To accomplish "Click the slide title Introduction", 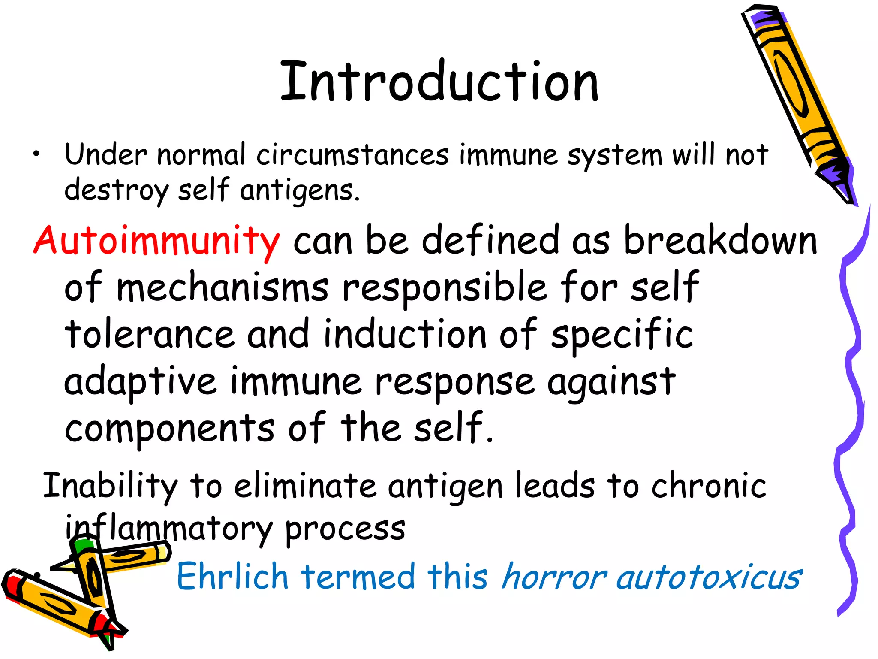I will point(439,82).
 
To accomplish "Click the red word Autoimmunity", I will point(156,241).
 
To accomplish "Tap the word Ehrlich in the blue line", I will point(232,576).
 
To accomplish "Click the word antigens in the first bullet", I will point(298,190).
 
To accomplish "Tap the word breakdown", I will point(720,240).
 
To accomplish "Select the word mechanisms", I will point(223,287).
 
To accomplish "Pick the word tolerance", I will point(149,335).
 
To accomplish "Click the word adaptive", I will point(140,382).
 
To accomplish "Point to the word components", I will point(169,429).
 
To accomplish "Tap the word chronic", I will point(708,486).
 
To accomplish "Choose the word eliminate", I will point(305,486).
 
